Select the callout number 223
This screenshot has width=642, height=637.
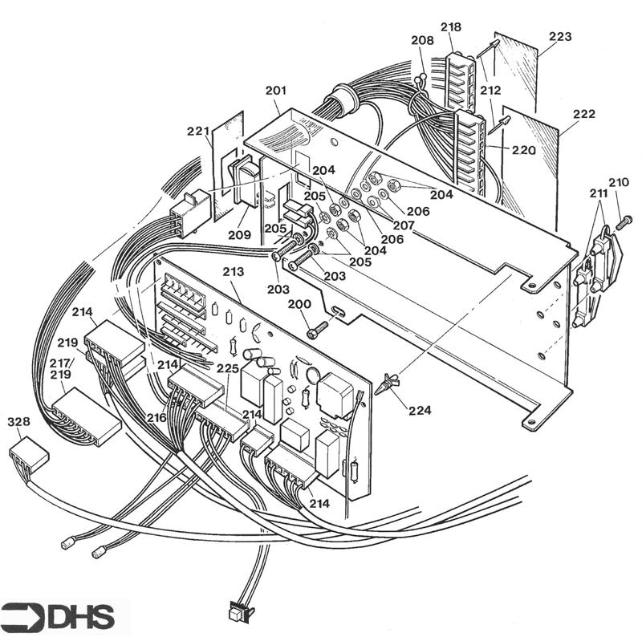[x=560, y=37]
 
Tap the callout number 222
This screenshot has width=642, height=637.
[x=583, y=115]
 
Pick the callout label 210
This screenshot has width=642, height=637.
[x=619, y=182]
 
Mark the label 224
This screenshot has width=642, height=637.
[x=419, y=410]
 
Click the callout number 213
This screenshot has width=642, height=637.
[x=233, y=273]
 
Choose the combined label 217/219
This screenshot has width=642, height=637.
[x=61, y=368]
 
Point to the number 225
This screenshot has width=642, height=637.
[x=229, y=369]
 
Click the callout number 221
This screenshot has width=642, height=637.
[x=197, y=131]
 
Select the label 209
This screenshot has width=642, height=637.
[x=238, y=235]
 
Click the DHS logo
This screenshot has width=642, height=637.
[x=58, y=617]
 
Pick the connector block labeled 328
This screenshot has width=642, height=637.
[x=29, y=458]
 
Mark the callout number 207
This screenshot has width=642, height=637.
[x=404, y=226]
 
